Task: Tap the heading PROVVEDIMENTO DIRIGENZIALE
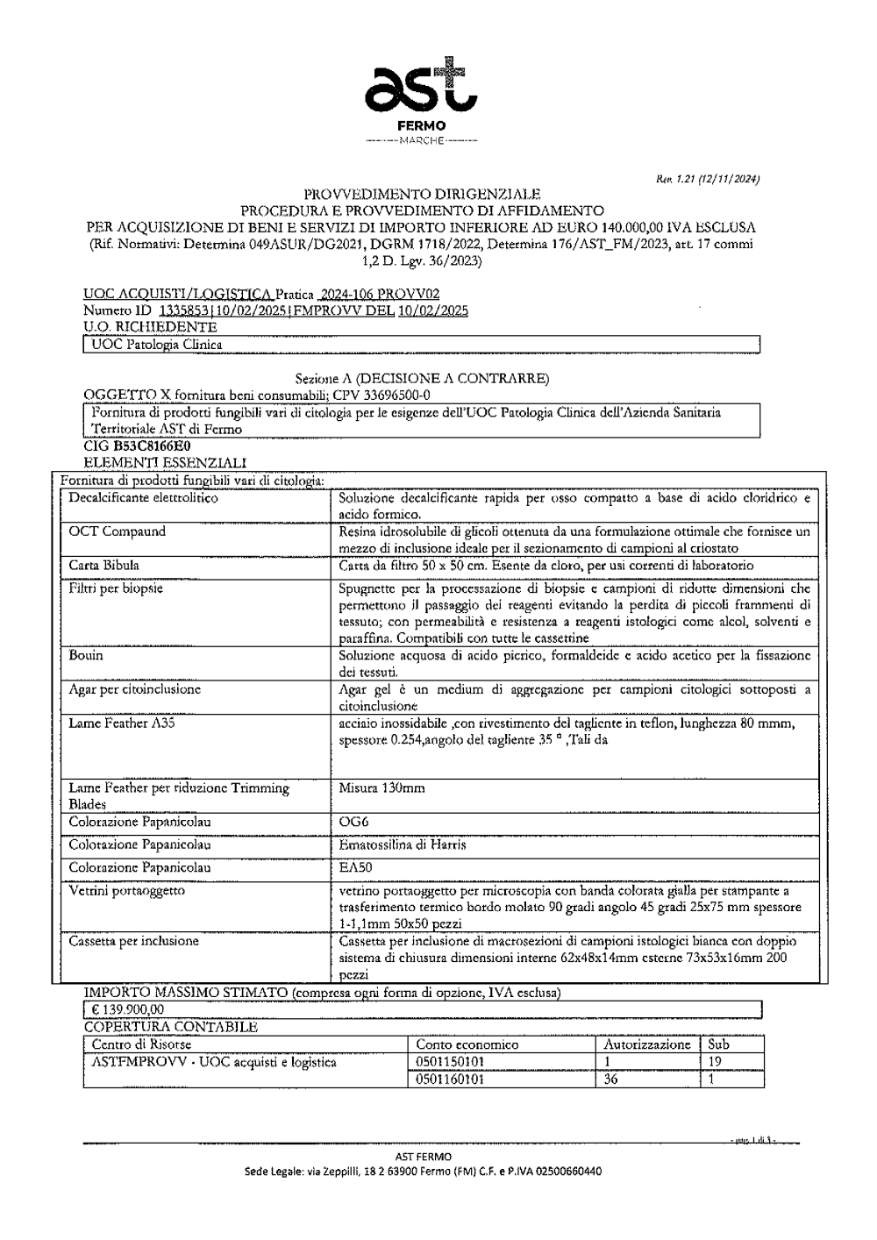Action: (422, 194)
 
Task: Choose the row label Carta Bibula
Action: (103, 566)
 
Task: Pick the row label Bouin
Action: (86, 655)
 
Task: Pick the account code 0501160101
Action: (450, 1080)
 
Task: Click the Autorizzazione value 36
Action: (611, 1080)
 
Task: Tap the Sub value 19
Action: (714, 1062)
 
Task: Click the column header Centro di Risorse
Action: (141, 1044)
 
